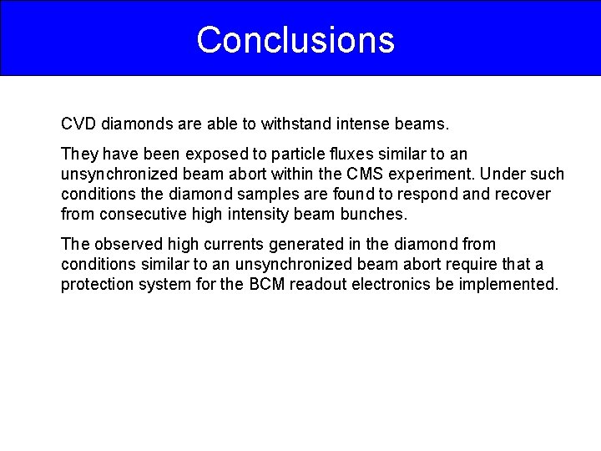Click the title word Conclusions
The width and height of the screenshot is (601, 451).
[295, 39]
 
